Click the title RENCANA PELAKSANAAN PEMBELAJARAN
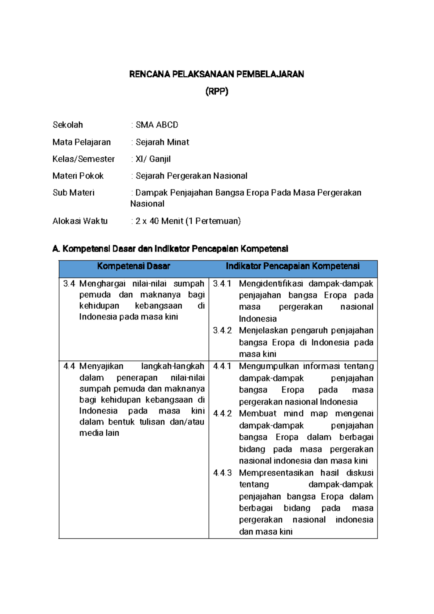coord(217,75)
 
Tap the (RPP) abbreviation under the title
coord(217,92)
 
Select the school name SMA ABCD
coord(157,125)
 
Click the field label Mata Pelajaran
coord(82,142)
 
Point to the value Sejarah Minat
coord(162,142)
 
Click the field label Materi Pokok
coord(78,176)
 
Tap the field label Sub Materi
coord(73,193)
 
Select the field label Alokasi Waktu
coord(80,221)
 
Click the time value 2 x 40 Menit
coord(159,221)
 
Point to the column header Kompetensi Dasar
coord(133,266)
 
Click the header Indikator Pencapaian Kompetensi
coord(293,266)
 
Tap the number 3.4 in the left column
coord(69,284)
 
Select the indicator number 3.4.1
coord(222,284)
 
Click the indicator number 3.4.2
coord(222,331)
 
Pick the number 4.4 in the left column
coord(69,366)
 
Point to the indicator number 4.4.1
coord(222,366)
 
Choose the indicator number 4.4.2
coord(222,414)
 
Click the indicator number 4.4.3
coord(222,473)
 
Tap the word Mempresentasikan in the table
coord(276,473)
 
